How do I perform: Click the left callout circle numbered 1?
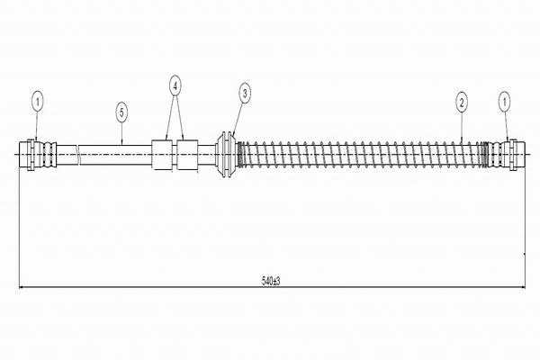coord(38,102)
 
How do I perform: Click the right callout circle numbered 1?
coord(505,102)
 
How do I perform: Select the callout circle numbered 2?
coord(462,102)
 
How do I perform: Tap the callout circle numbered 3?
coord(245,93)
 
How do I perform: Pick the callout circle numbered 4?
coord(175,86)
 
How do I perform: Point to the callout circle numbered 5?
coord(121,112)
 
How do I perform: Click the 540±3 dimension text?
coord(271,281)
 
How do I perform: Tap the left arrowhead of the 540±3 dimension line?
coord(22,286)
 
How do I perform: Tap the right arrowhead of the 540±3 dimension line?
coord(523,286)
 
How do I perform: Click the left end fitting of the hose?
coord(38,154)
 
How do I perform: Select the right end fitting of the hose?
coord(507,154)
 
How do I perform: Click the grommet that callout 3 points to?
coord(226,154)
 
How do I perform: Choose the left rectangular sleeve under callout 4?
coord(162,154)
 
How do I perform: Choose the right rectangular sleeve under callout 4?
coord(187,154)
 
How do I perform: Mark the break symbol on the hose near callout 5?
coord(77,154)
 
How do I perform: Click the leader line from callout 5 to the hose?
coord(122,133)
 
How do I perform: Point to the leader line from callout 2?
coord(462,126)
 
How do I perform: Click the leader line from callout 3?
coord(238,118)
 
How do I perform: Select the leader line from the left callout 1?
coord(37,125)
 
